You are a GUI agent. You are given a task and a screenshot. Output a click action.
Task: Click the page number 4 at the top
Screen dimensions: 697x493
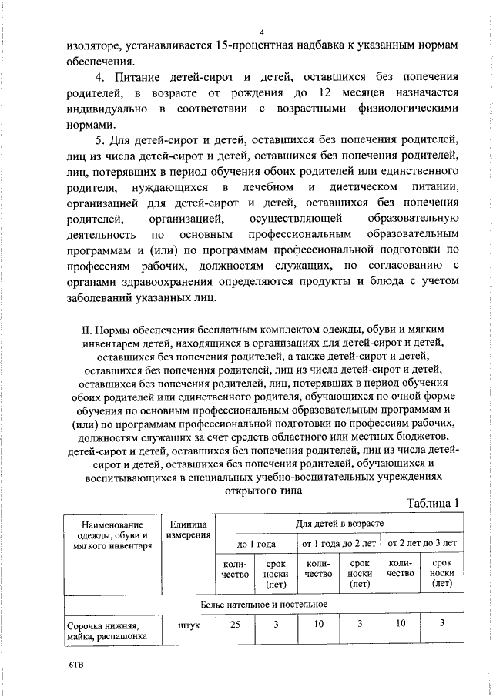[x=262, y=32]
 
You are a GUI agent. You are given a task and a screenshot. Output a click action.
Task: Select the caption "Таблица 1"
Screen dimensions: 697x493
[x=431, y=503]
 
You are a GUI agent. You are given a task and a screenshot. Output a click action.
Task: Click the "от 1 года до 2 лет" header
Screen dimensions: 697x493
[x=339, y=544]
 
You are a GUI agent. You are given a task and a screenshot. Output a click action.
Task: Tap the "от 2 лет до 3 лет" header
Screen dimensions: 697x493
[x=421, y=544]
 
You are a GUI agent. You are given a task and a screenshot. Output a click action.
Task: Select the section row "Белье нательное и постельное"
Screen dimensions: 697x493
[x=264, y=603]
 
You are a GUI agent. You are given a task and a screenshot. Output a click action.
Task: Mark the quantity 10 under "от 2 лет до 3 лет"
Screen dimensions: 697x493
[x=400, y=625]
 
